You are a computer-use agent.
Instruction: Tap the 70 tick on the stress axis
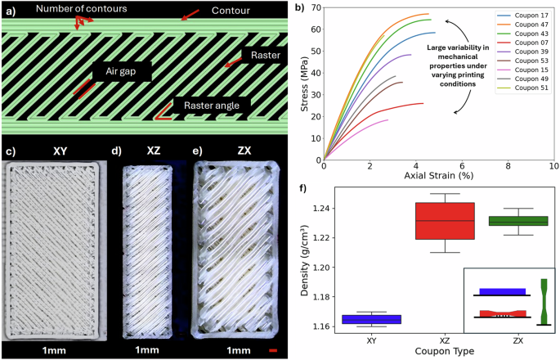316,9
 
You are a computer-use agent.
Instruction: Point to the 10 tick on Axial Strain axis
553,166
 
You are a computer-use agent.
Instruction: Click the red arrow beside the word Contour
190,15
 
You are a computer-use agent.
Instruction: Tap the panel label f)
305,190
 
